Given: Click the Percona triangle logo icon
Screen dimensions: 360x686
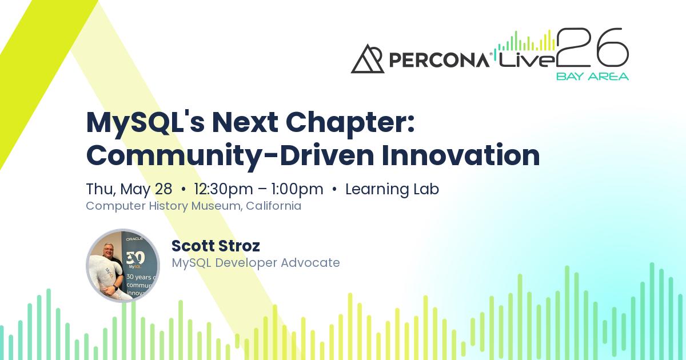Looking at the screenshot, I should [x=368, y=59].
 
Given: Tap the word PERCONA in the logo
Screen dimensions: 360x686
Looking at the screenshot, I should [x=438, y=59].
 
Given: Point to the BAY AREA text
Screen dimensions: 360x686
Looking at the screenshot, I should [x=592, y=76].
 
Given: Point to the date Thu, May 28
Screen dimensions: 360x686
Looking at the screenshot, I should [x=129, y=189].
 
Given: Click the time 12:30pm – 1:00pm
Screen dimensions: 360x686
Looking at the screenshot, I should [x=258, y=189].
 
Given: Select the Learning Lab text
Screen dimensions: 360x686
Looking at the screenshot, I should [x=392, y=189].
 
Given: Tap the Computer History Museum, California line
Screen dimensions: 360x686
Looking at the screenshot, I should [x=193, y=206].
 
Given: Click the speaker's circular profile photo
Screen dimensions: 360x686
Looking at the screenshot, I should [x=123, y=266].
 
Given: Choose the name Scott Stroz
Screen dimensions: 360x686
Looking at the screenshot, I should [x=216, y=246].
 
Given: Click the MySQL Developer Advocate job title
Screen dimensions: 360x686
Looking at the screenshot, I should [x=256, y=263].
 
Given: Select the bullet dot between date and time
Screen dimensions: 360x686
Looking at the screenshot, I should [x=184, y=190].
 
